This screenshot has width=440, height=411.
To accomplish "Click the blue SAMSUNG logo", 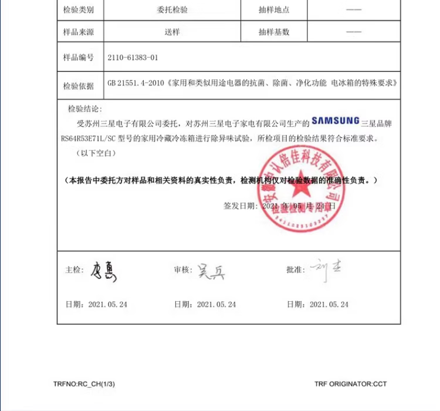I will (x=336, y=121).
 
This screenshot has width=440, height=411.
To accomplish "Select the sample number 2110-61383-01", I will (x=133, y=58).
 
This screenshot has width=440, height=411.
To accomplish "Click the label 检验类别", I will (x=79, y=10).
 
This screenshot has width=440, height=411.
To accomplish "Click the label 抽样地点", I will (x=274, y=10).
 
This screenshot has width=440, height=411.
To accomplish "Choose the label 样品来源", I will (x=79, y=32).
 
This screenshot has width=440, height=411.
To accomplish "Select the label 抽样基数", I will (x=274, y=32).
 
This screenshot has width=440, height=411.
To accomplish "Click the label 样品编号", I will (x=79, y=58).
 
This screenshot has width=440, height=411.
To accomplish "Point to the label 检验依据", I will (x=79, y=86).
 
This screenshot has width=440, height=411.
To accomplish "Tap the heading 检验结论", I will (x=85, y=109).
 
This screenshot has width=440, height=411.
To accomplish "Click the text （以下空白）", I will (x=96, y=153).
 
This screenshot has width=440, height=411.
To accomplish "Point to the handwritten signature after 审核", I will (x=211, y=271).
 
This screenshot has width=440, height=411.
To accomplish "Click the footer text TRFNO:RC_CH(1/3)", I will (x=84, y=384).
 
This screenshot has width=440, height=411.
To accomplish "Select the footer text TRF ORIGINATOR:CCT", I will (x=350, y=384).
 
